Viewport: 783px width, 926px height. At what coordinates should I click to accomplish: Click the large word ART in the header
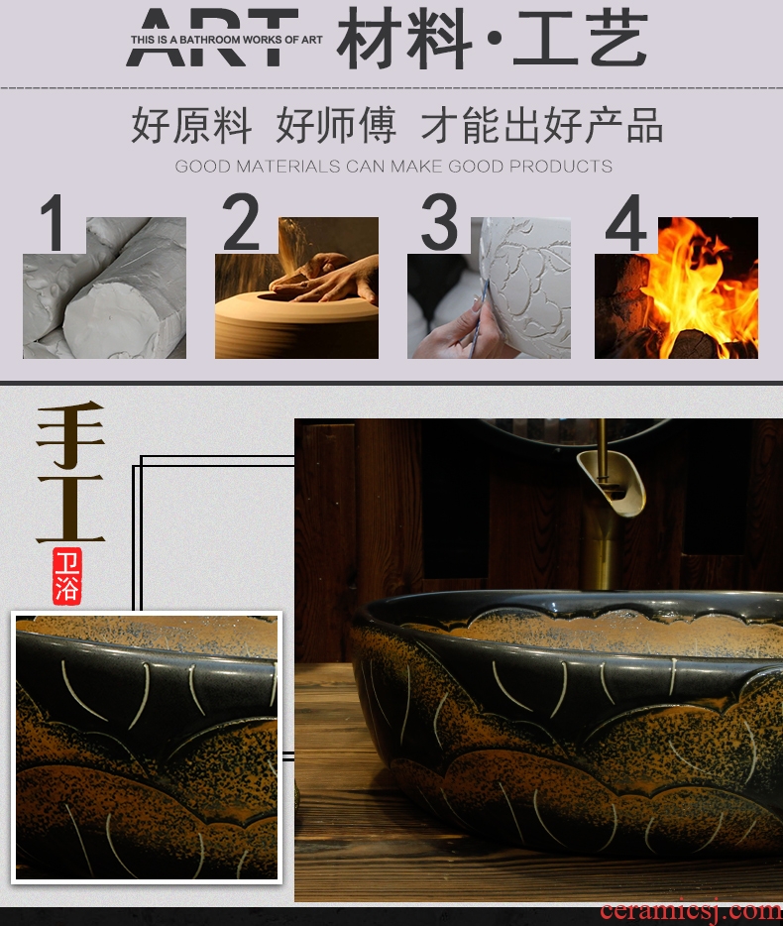(x=211, y=37)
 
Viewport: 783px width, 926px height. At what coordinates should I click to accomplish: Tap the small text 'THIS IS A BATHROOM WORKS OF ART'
(x=227, y=40)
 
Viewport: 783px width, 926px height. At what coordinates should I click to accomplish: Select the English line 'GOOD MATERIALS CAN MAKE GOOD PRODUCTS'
(x=393, y=166)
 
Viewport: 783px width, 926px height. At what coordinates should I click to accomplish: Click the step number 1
(x=54, y=223)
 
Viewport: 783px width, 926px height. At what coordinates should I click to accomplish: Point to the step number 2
(x=241, y=221)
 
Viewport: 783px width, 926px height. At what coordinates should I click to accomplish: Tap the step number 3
(x=439, y=221)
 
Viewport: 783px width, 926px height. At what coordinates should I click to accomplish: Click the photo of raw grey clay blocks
(x=104, y=288)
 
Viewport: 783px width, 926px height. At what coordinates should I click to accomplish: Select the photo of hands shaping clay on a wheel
(x=296, y=288)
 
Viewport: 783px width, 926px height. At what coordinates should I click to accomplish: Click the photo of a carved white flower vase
(x=489, y=288)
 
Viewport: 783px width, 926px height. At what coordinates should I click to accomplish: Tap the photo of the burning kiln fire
(x=676, y=288)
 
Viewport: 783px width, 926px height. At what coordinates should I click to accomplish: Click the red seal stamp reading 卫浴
(x=66, y=576)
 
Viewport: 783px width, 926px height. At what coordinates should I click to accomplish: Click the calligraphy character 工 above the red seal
(x=70, y=509)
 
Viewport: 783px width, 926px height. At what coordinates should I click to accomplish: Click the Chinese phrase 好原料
(x=191, y=125)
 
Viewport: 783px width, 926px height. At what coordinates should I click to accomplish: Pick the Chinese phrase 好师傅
(x=336, y=125)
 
